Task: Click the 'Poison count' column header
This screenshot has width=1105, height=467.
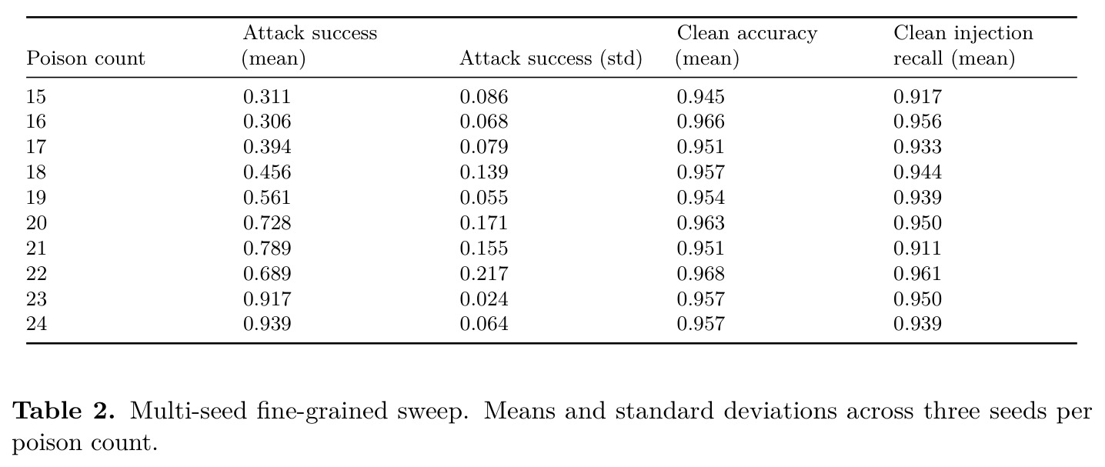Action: [x=86, y=58]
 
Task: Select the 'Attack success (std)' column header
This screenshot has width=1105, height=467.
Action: [x=551, y=58]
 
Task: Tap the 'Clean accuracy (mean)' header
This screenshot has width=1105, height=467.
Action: [x=747, y=46]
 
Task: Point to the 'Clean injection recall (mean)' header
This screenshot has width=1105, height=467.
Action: [x=963, y=46]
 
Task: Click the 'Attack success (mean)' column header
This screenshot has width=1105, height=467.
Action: [x=310, y=46]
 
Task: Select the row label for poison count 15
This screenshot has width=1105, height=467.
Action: [x=36, y=97]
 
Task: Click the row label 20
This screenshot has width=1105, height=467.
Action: [x=36, y=223]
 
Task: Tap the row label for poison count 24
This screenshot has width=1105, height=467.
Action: [x=36, y=324]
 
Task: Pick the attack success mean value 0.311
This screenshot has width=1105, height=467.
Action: [x=267, y=97]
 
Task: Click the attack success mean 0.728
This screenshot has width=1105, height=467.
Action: [x=267, y=223]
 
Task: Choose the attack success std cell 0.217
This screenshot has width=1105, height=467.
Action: [x=484, y=274]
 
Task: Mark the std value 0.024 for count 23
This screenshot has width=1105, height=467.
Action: [x=484, y=299]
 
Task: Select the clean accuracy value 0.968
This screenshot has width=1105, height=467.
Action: [x=700, y=274]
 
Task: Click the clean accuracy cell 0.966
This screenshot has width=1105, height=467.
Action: [x=700, y=122]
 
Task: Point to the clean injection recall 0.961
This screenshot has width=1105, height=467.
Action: [x=917, y=274]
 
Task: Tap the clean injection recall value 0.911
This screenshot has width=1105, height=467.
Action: [x=917, y=248]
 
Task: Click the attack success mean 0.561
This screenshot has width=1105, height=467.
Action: [x=267, y=198]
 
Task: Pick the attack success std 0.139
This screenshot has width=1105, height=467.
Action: [x=484, y=172]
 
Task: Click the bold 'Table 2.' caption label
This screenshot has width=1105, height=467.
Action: [x=63, y=411]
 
